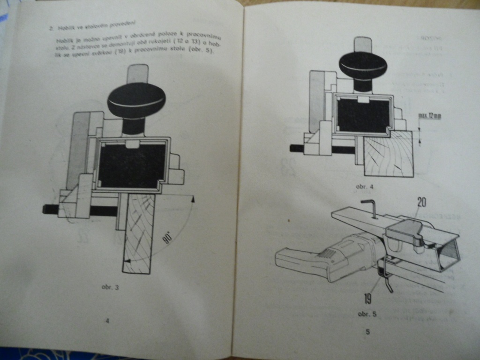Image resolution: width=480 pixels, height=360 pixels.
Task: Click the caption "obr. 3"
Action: [111, 287]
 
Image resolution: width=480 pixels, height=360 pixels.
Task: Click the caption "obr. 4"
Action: [365, 187]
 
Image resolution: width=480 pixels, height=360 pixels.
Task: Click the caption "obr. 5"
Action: [367, 314]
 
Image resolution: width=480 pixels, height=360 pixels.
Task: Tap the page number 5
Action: [367, 332]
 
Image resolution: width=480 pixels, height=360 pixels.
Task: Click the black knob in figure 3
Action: [136, 100]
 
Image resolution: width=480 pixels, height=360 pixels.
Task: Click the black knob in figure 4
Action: [363, 65]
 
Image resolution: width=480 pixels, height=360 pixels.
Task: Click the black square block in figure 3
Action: [132, 165]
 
